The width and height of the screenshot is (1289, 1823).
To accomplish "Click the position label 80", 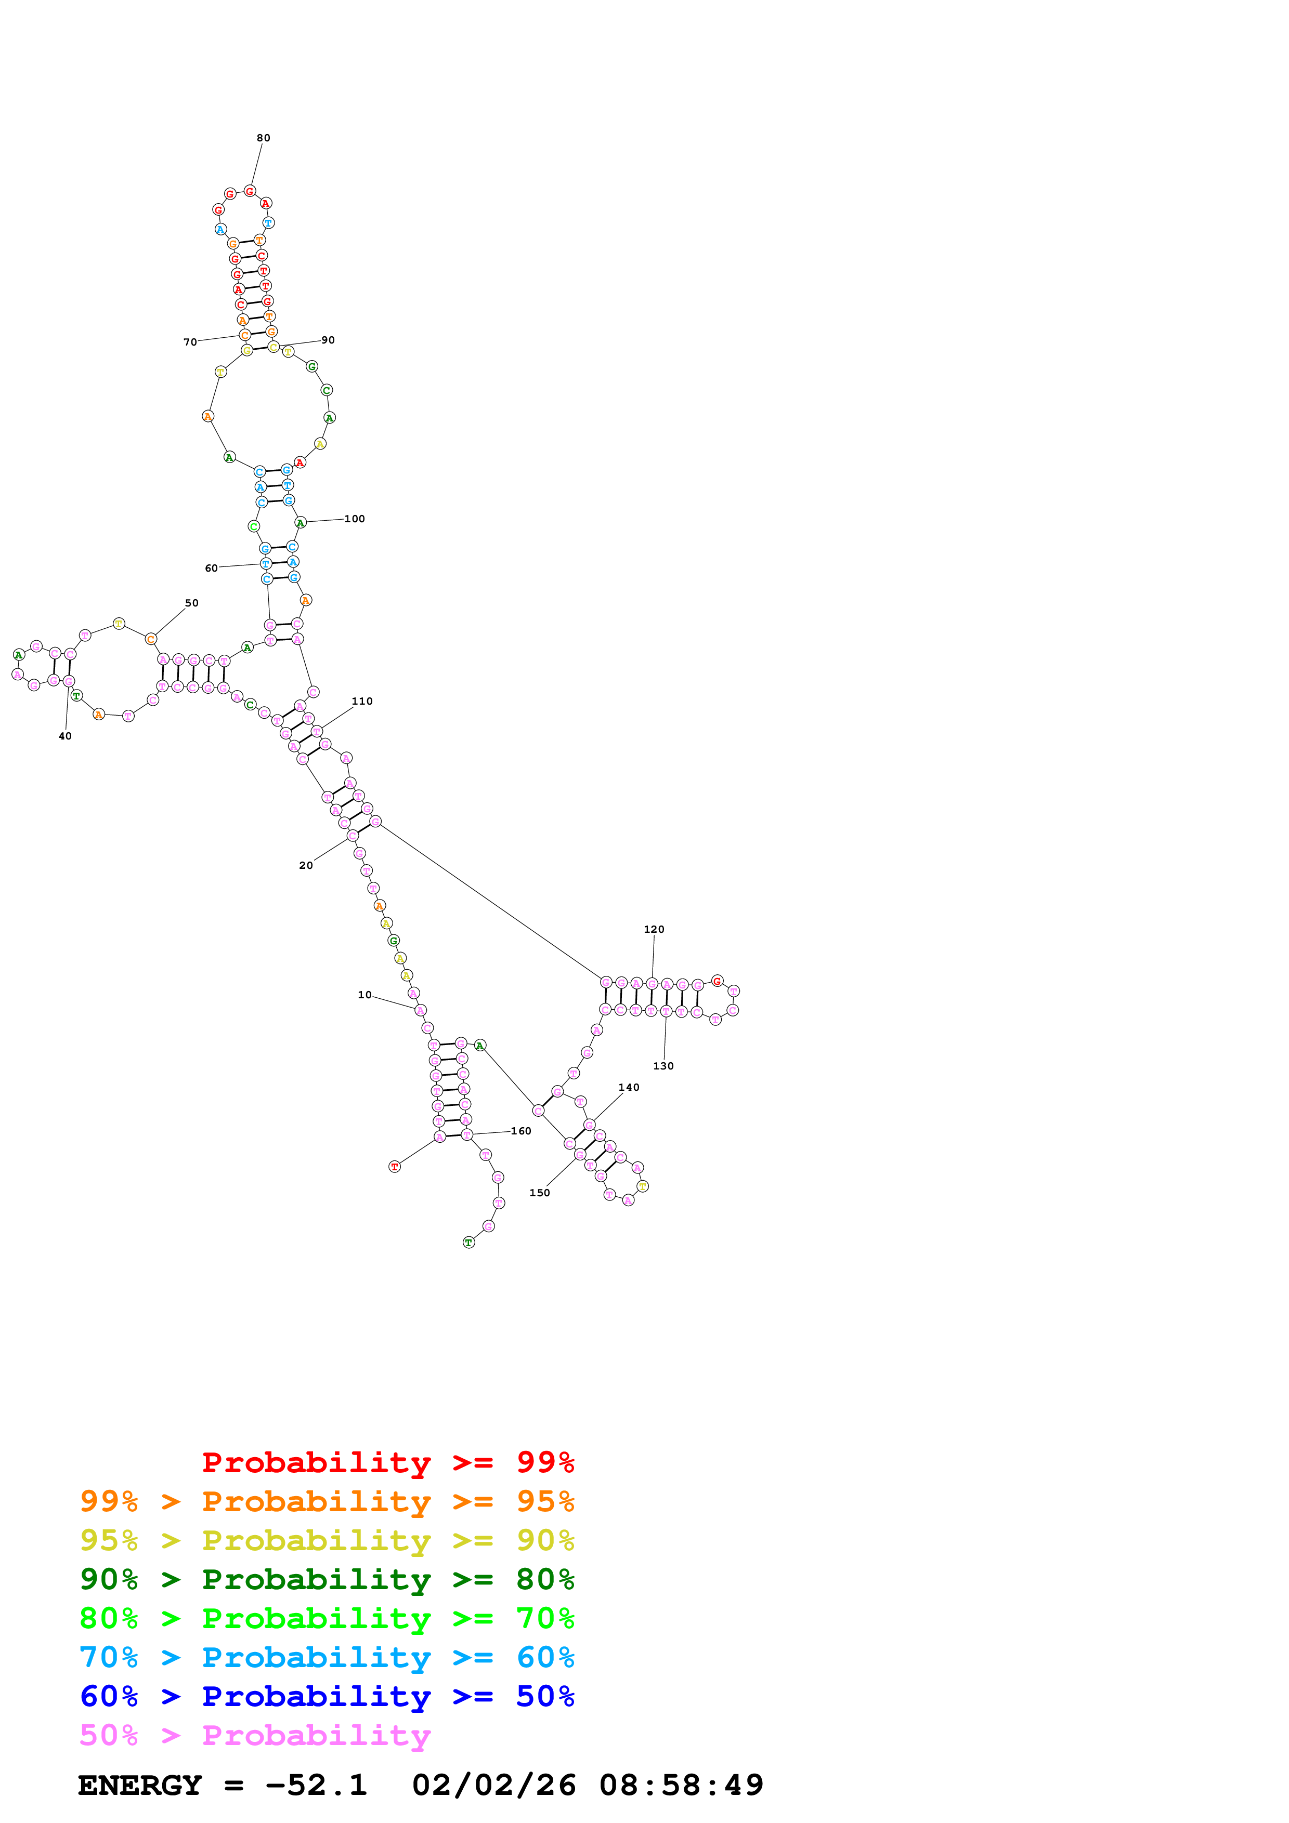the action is pos(263,138).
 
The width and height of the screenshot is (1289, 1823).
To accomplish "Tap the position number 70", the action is pos(190,342).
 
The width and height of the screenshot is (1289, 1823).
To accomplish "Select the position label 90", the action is pos(328,340).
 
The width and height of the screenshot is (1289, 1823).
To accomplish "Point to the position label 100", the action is pos(354,519).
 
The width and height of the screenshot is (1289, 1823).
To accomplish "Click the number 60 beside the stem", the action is pos(211,569).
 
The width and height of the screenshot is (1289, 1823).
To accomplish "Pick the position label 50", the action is pos(191,603).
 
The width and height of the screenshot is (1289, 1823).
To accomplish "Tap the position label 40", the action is pos(65,736).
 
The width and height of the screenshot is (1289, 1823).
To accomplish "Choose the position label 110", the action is pos(362,701).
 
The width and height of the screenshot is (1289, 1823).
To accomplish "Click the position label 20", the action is pos(306,865).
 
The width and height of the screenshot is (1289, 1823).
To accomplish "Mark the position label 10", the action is pos(364,995).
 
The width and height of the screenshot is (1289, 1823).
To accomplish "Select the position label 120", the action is pos(654,929).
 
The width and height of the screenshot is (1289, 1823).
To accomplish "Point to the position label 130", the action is pos(663,1066).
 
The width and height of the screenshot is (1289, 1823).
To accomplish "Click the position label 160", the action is pos(521,1131).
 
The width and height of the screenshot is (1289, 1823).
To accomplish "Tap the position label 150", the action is pos(539,1193).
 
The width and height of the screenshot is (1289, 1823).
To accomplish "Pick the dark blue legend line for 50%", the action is pos(327,1697).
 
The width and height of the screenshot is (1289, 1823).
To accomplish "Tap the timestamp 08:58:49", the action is pos(681,1785).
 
